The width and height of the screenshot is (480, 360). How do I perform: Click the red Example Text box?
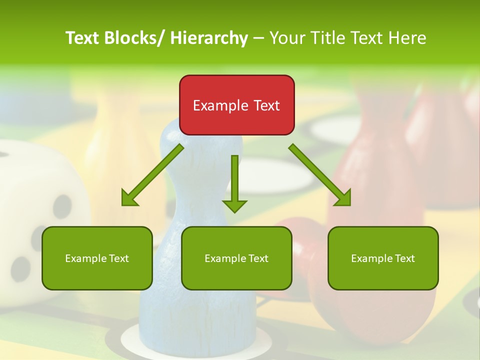coord(236,105)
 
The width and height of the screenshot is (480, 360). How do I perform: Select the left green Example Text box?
coord(97,258)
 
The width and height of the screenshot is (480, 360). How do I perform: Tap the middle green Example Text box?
coord(236,258)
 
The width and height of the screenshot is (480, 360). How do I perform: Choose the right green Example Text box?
coord(383,258)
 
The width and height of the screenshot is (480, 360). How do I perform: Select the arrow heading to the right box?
coord(320,175)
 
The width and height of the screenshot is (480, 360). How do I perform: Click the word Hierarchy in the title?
coord(209,38)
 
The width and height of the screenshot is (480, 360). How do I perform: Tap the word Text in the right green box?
coord(404,258)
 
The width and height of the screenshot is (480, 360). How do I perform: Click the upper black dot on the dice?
coord(63,206)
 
